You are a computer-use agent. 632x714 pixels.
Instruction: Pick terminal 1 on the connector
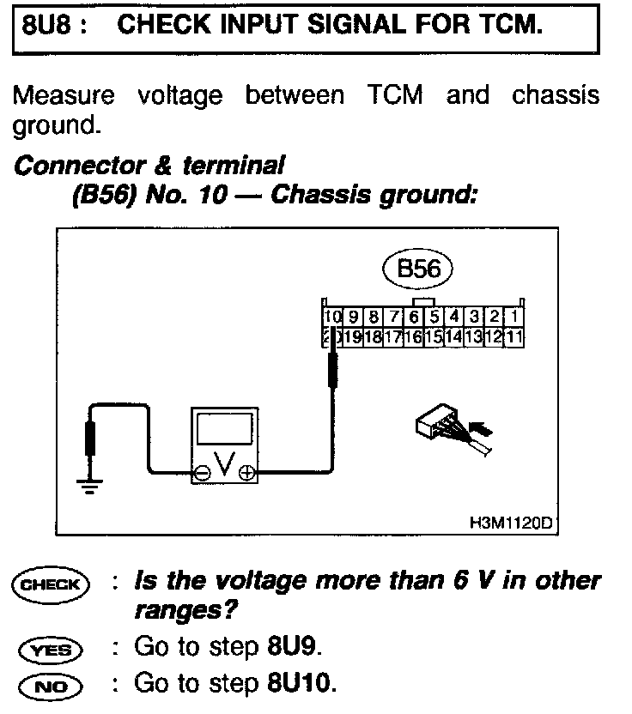(x=514, y=317)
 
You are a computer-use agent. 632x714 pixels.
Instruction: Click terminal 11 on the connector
(x=514, y=336)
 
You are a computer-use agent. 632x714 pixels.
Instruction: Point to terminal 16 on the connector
(x=411, y=336)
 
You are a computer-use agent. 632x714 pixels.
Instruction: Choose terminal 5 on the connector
(x=434, y=317)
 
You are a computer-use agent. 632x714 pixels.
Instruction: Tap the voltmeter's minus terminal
(x=201, y=472)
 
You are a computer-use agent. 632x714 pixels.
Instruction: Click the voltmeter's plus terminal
(x=246, y=472)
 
